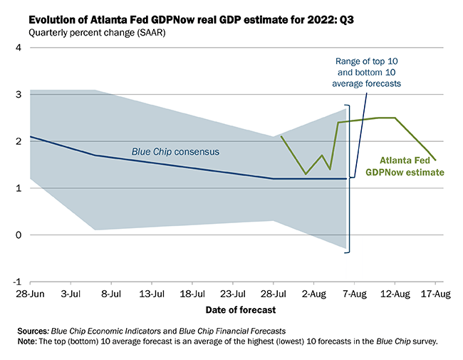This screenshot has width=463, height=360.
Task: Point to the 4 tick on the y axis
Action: tap(19, 48)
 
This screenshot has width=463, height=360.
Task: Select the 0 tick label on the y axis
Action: tap(19, 235)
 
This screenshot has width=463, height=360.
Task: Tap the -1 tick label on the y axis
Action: tap(18, 282)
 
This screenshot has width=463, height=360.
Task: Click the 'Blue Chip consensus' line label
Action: tap(175, 152)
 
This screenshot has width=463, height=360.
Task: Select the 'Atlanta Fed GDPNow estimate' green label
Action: tap(405, 166)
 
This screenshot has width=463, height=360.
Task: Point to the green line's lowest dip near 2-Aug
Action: tap(306, 174)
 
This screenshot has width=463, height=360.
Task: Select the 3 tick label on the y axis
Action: tap(19, 95)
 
